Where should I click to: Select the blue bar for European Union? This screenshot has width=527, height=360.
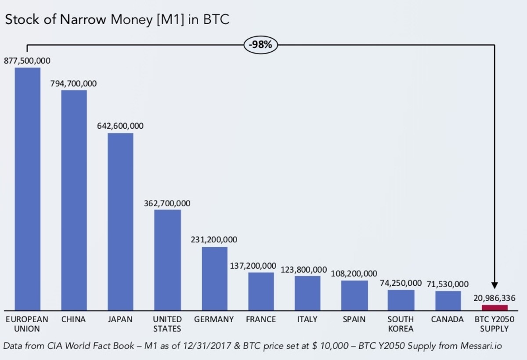click(27, 189)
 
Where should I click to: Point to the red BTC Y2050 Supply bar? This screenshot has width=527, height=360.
click(495, 307)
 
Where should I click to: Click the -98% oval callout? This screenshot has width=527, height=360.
click(260, 45)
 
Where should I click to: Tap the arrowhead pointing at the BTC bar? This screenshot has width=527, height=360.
click(495, 284)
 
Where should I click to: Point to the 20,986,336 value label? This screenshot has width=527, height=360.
click(495, 299)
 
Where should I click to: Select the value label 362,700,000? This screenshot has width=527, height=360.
click(167, 203)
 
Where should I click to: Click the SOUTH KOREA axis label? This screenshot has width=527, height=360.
click(401, 324)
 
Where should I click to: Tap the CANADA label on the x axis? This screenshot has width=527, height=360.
click(447, 320)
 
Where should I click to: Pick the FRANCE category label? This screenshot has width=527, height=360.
click(261, 320)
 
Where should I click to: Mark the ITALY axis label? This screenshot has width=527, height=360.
click(307, 320)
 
